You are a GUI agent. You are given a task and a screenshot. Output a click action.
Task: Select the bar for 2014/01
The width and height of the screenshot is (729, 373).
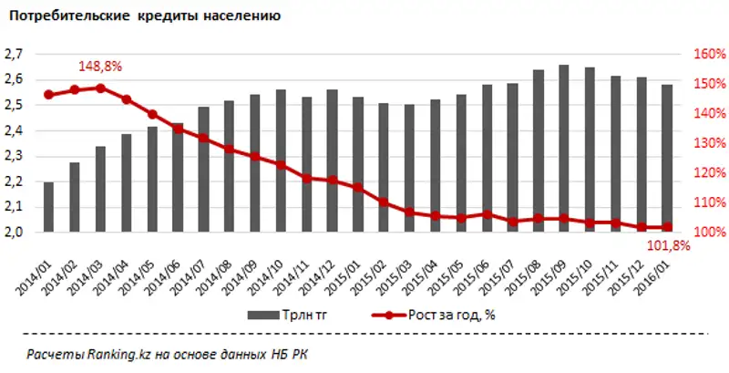coord(48,207)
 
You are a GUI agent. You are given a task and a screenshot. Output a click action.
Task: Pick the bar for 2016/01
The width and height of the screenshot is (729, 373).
coord(668,159)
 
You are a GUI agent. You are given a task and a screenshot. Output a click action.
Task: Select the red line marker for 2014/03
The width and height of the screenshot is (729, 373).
coord(100,88)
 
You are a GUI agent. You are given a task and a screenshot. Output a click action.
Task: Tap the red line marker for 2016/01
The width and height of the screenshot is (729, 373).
coord(668,227)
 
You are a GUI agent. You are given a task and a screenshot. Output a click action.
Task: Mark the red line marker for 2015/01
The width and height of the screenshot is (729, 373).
coord(358,188)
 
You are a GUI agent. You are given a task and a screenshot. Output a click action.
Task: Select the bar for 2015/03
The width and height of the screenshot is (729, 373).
coord(409,169)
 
